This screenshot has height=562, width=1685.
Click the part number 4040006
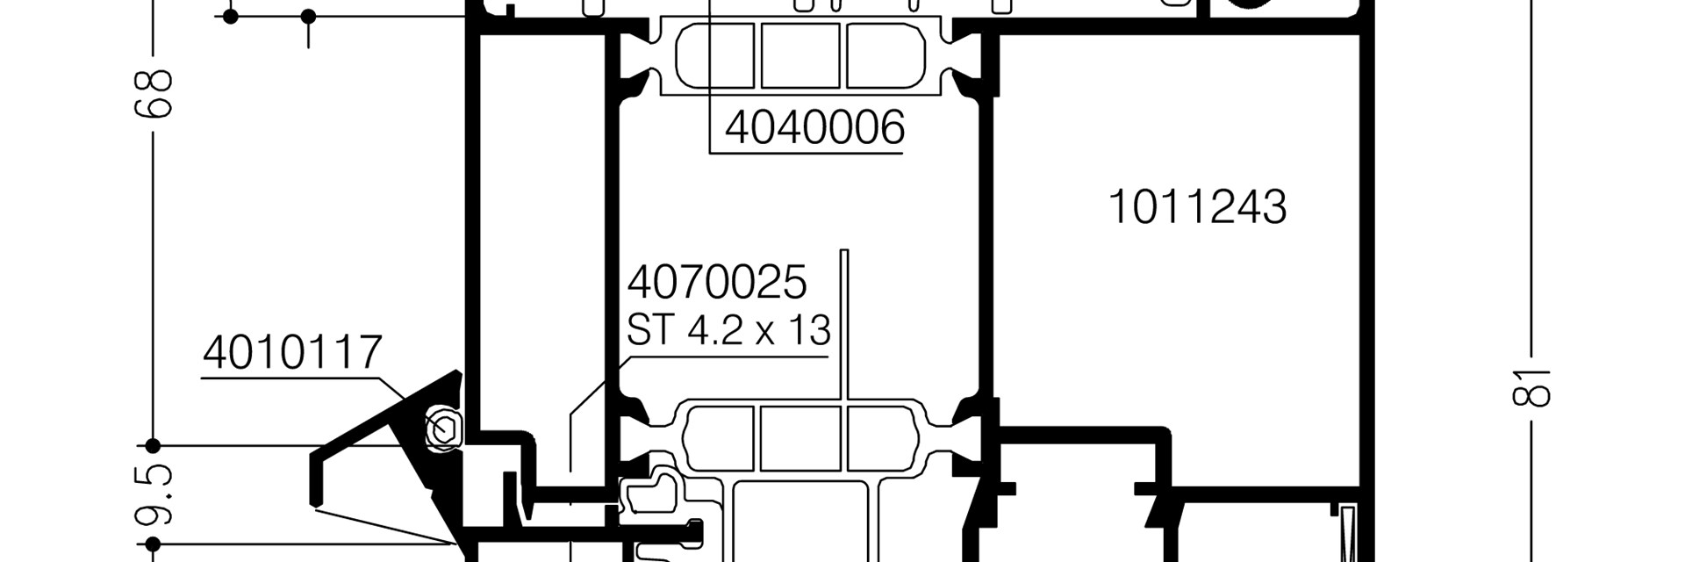pyautogui.click(x=814, y=128)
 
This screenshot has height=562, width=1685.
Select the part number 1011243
pyautogui.click(x=1197, y=207)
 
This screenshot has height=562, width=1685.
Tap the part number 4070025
pyautogui.click(x=716, y=283)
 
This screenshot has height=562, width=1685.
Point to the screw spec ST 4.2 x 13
pyautogui.click(x=728, y=331)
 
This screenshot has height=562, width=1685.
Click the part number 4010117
pyautogui.click(x=292, y=353)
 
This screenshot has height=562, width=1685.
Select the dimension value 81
pyautogui.click(x=1532, y=386)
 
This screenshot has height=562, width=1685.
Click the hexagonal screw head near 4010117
pyautogui.click(x=444, y=429)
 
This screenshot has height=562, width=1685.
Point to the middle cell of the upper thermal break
pyautogui.click(x=799, y=55)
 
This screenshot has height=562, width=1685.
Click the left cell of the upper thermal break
pyautogui.click(x=716, y=55)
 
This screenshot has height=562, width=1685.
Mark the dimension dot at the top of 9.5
pyautogui.click(x=153, y=445)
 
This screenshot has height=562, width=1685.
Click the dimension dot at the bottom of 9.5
pyautogui.click(x=153, y=544)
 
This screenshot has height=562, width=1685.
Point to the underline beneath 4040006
pyautogui.click(x=806, y=154)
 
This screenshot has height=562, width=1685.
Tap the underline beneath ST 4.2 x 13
pyautogui.click(x=727, y=357)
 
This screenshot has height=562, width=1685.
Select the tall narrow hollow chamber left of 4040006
pyautogui.click(x=542, y=255)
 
